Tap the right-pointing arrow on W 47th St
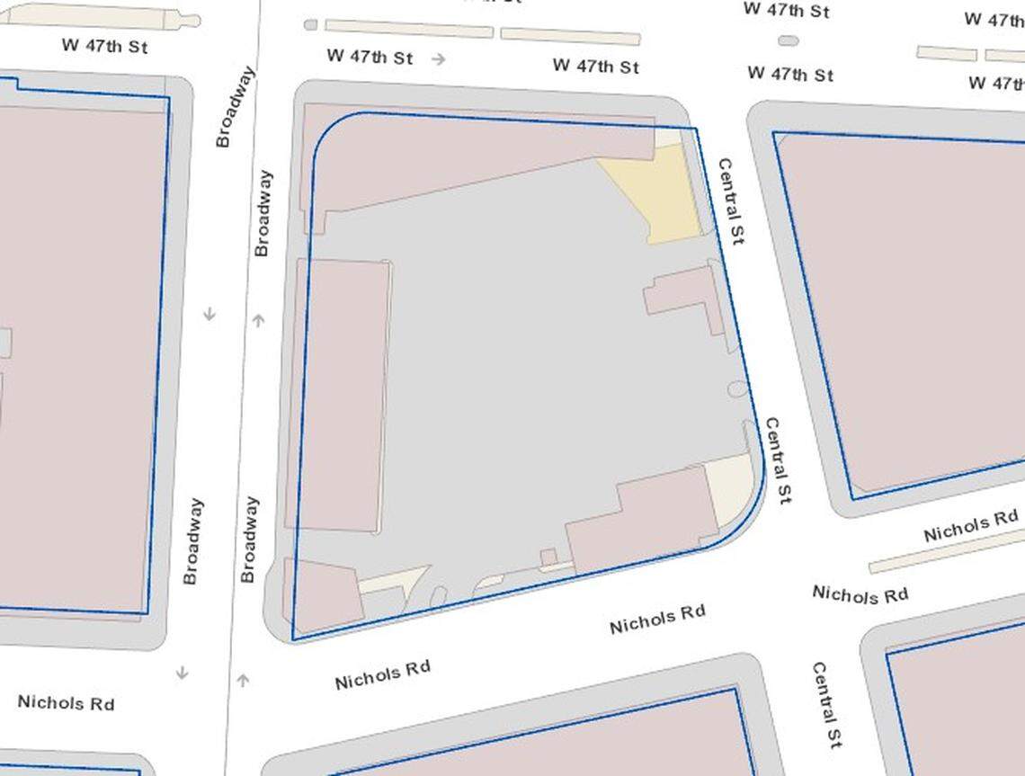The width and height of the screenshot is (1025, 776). (439, 59)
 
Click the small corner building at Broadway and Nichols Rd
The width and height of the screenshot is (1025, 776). (322, 594)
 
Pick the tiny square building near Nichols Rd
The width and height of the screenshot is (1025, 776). (548, 557)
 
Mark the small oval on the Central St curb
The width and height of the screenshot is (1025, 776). (737, 389)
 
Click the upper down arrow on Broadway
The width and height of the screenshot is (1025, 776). (209, 314)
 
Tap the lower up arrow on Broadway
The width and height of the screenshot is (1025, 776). (243, 680)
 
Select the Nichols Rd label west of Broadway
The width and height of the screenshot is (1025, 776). (66, 702)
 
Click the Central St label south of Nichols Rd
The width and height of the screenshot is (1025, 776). (826, 705)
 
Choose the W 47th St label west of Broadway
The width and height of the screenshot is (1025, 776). (104, 45)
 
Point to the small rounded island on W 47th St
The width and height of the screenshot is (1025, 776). (789, 40)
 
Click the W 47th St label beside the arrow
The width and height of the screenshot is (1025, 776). (370, 56)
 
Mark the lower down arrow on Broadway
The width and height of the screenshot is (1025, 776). (182, 673)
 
